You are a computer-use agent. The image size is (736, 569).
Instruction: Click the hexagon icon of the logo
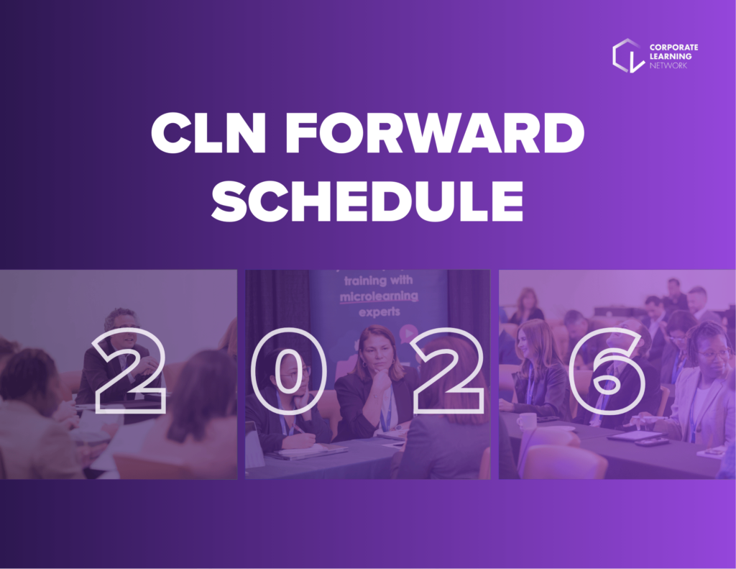click(x=627, y=55)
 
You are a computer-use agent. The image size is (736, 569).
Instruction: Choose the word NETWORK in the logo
click(x=669, y=65)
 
